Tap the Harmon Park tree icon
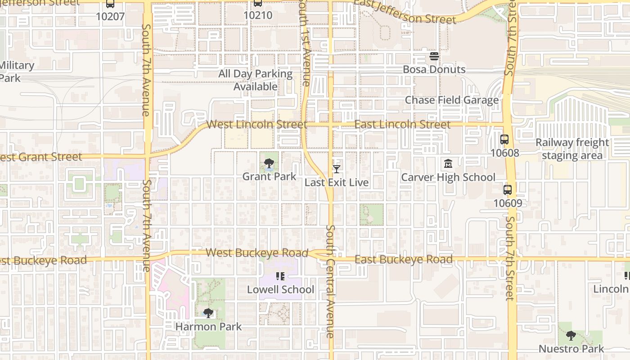[208, 313]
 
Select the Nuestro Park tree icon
[571, 336]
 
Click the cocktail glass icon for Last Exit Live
[336, 169]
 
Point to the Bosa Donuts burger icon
[434, 56]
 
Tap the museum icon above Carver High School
[448, 164]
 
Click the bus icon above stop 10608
[504, 139]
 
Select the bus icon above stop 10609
[508, 190]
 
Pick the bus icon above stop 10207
[110, 4]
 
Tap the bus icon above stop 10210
[258, 3]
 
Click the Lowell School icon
[280, 276]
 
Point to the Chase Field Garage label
[452, 100]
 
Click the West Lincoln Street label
[256, 124]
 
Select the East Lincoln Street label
[402, 124]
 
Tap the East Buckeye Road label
[404, 260]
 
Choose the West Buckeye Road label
[257, 253]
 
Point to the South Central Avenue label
[330, 281]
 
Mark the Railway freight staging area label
[572, 149]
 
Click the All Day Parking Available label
[256, 80]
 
